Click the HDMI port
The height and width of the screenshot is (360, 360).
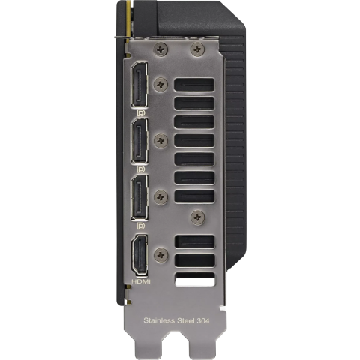(x=139, y=256)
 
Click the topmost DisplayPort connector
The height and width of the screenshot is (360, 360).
(x=139, y=85)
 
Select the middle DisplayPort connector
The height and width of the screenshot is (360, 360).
(x=139, y=141)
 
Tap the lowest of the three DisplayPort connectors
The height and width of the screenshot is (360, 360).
(x=139, y=197)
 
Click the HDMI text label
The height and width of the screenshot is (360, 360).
(x=141, y=281)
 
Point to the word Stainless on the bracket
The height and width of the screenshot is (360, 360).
(x=159, y=320)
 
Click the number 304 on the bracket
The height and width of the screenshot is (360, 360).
(x=202, y=320)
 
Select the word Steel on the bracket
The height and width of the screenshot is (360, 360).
(x=185, y=320)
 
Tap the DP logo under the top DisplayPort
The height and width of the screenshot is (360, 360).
(x=141, y=113)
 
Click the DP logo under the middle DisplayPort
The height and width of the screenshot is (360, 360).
(x=141, y=169)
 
